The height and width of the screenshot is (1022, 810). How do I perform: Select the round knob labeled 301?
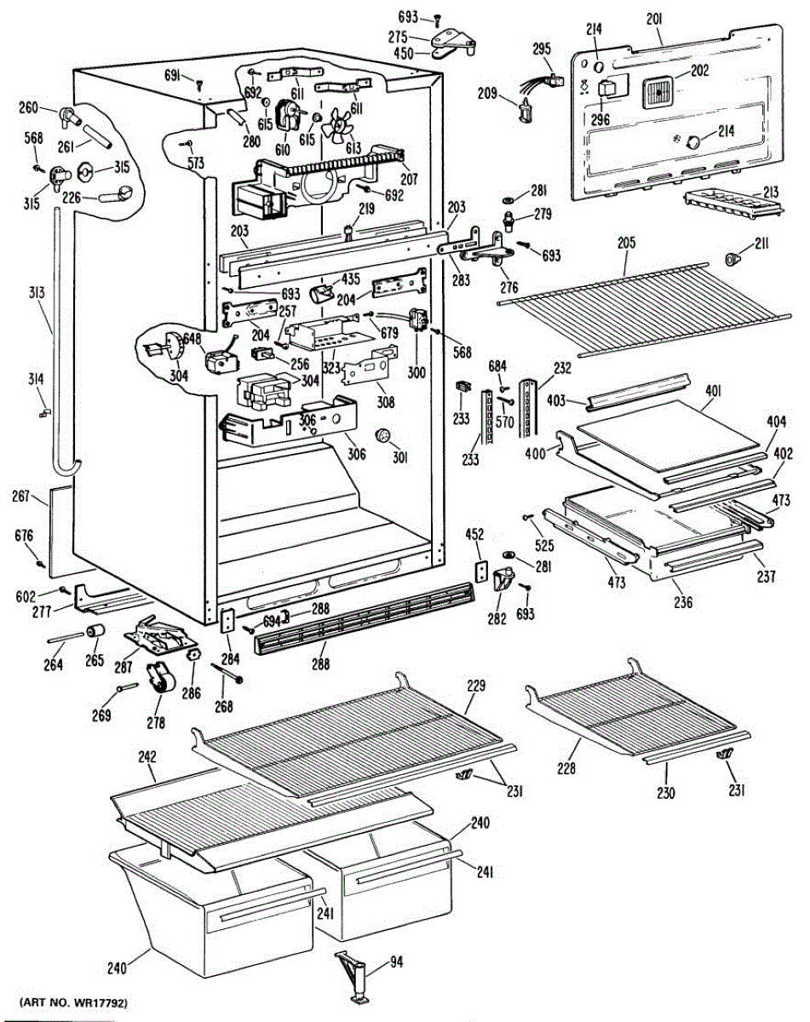coord(382,437)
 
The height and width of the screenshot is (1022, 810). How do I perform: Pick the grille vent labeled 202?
coord(656,89)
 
